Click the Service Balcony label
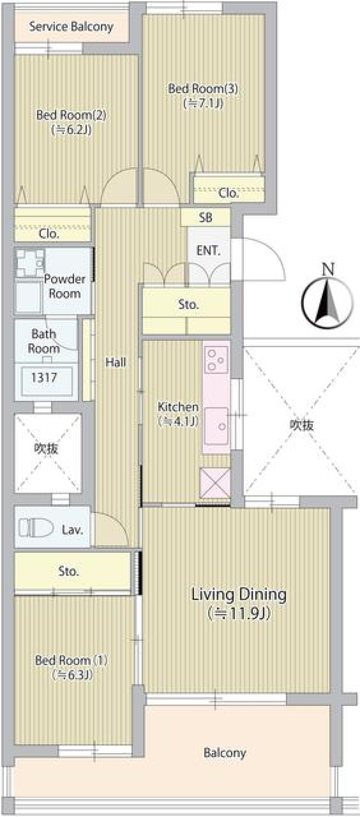click(x=71, y=27)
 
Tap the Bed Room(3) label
click(x=203, y=89)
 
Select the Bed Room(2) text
click(x=71, y=115)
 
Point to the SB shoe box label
click(x=205, y=217)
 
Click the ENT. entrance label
click(x=208, y=250)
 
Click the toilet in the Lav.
click(x=36, y=528)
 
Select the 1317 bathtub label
click(x=44, y=377)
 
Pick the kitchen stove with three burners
click(x=216, y=360)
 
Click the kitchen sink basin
click(x=216, y=426)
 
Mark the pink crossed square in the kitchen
click(x=215, y=483)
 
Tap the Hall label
click(x=115, y=362)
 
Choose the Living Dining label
click(x=239, y=595)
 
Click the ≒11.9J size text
click(x=239, y=613)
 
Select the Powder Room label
click(x=64, y=286)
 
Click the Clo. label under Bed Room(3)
click(x=228, y=193)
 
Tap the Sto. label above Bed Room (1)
click(x=69, y=571)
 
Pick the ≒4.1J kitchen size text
click(x=178, y=421)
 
